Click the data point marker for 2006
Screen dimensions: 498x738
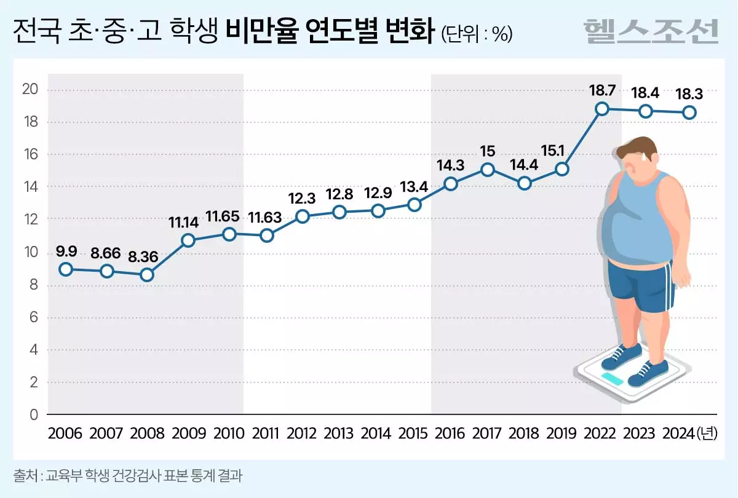tap(66, 269)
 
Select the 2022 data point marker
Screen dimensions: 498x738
tap(602, 109)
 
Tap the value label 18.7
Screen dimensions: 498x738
tap(603, 90)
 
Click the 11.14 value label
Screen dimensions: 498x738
tap(188, 222)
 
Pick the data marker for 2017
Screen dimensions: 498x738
tap(487, 169)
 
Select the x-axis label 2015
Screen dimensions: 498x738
tap(413, 433)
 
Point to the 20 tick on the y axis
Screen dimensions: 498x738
tap(31, 90)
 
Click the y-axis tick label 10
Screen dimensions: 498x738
tap(31, 253)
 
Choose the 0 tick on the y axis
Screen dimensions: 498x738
tap(34, 415)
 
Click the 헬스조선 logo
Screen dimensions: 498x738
tap(651, 31)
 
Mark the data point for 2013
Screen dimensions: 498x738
tap(339, 212)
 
